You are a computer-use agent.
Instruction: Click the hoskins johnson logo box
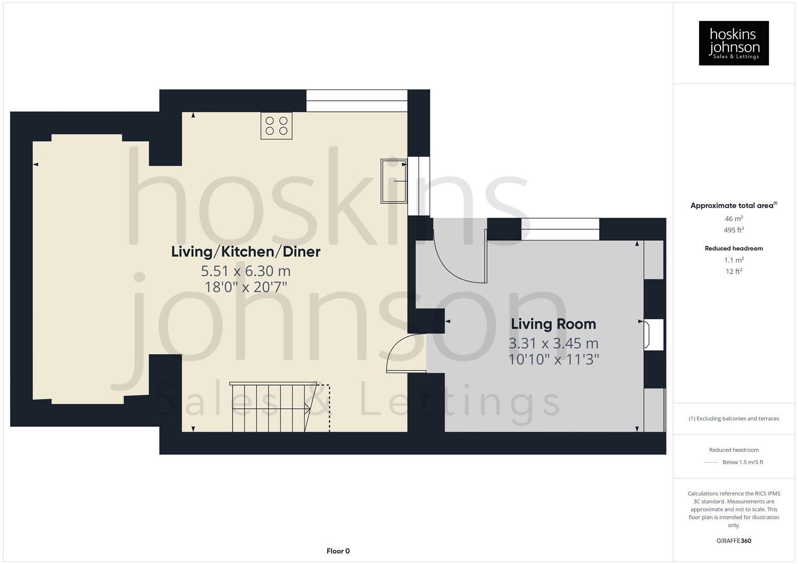tap(733, 43)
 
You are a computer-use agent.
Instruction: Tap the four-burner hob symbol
tap(276, 126)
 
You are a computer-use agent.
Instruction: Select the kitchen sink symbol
tap(394, 180)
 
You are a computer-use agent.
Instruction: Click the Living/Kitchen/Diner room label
tap(246, 252)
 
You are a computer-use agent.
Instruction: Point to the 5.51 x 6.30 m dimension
tap(246, 271)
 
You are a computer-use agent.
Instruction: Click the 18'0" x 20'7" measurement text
tap(246, 287)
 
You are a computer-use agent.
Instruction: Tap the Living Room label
tap(553, 324)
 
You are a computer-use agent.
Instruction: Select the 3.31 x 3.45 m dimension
tap(553, 343)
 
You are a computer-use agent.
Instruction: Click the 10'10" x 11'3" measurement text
tap(553, 359)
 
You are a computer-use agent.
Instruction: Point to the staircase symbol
tap(272, 407)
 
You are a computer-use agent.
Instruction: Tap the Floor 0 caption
tap(338, 551)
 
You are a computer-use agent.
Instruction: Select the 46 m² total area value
tap(734, 219)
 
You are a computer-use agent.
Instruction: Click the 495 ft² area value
tap(734, 230)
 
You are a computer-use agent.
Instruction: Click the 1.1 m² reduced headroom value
tap(734, 260)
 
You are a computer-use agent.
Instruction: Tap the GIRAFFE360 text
tap(734, 540)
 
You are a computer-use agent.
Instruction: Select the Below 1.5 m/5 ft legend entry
tap(742, 462)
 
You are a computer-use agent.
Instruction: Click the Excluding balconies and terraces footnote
tap(734, 418)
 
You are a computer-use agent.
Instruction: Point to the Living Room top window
tap(560, 229)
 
